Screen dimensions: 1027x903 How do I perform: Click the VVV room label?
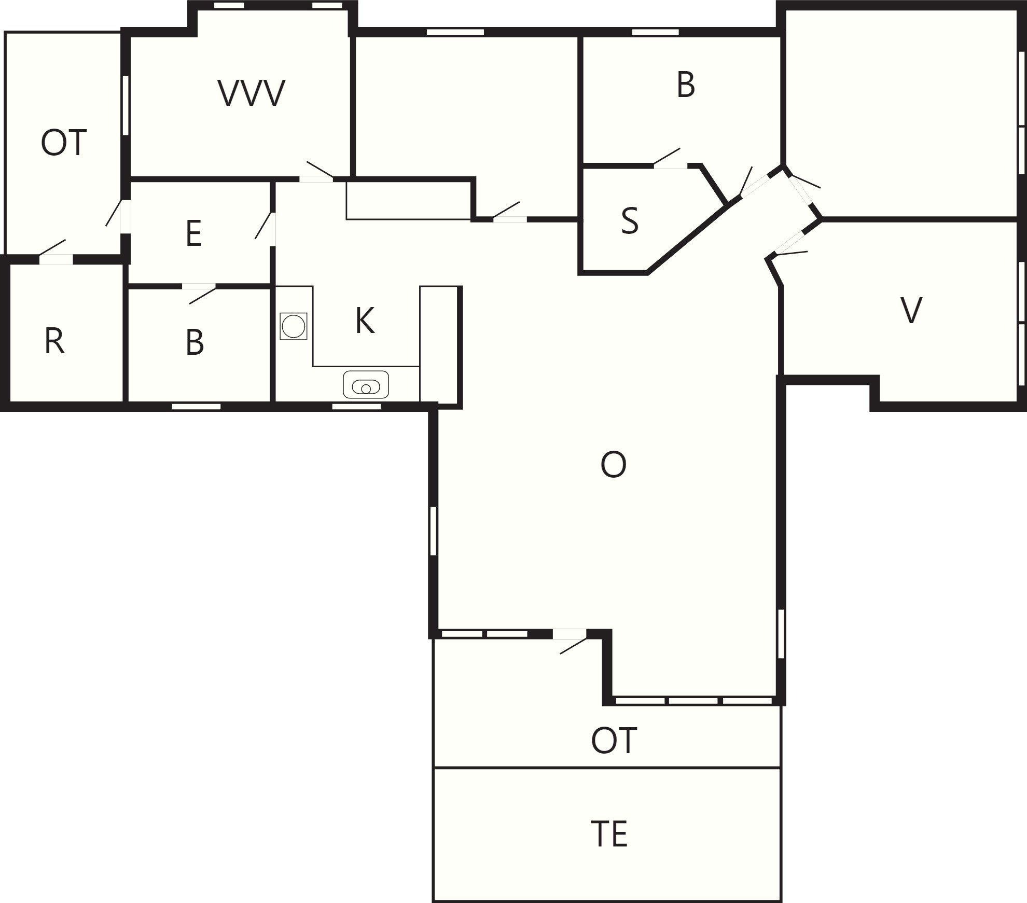coord(252,94)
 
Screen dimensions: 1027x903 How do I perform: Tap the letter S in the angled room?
coord(630,221)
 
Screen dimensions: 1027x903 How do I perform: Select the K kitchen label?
coord(365,321)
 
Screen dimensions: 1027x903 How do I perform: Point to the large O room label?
coord(614,464)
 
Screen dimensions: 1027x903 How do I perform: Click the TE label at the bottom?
coord(609,834)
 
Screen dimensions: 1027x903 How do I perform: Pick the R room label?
coord(54,341)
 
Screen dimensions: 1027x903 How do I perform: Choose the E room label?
coord(193,233)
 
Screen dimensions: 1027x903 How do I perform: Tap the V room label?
coord(911,310)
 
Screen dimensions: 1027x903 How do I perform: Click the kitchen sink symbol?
coord(366,384)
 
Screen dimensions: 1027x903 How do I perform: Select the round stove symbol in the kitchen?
coord(294,326)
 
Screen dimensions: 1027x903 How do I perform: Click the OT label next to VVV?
coord(64,143)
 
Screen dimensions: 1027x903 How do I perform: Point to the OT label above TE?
coord(614,740)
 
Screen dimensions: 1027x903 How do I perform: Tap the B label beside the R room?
coord(195,342)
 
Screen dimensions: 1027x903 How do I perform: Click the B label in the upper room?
coord(686,85)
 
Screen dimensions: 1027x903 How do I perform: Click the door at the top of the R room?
coord(55,251)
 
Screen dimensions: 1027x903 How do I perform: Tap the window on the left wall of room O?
coord(433,531)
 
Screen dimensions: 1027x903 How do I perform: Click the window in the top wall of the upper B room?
coord(656,32)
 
